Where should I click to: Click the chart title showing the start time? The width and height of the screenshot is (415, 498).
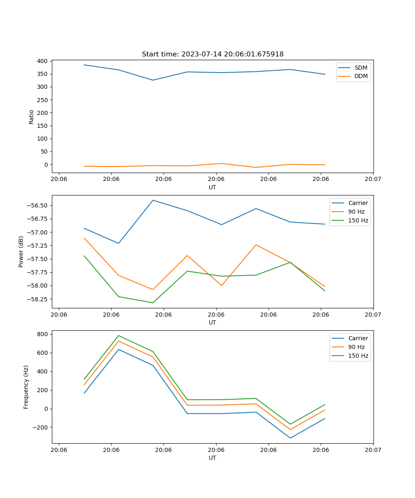[212, 54]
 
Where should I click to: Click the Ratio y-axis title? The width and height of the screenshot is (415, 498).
[32, 117]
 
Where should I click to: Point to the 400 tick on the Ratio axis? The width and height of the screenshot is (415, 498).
[42, 61]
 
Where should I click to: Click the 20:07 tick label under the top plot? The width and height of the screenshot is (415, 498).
[373, 179]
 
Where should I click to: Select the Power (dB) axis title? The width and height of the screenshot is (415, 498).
[21, 251]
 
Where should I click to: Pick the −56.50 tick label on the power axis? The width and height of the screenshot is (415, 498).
[36, 206]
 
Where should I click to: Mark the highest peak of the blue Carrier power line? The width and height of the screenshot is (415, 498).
[153, 200]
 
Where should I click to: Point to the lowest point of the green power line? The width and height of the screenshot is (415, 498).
[153, 303]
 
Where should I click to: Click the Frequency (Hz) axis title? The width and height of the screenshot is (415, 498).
[26, 387]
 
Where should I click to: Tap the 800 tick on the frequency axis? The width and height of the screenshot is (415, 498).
[43, 334]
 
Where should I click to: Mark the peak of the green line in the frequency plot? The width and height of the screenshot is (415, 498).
[119, 335]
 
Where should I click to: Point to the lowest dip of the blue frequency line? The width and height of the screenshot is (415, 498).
[290, 438]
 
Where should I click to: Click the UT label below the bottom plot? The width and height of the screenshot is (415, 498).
[212, 458]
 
